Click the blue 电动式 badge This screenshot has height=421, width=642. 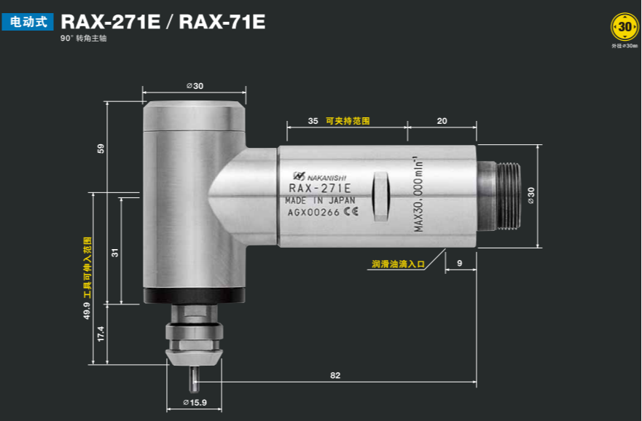pyautogui.click(x=28, y=23)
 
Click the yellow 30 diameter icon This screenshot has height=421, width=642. pyautogui.click(x=625, y=28)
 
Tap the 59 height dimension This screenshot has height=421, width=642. pyautogui.click(x=101, y=149)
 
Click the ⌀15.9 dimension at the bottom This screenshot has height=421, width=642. pyautogui.click(x=195, y=403)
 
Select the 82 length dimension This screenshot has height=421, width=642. pyautogui.click(x=335, y=376)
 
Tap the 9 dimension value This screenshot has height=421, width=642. pyautogui.click(x=459, y=262)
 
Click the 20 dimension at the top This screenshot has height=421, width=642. pyautogui.click(x=442, y=121)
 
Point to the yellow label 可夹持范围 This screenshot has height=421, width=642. pyautogui.click(x=348, y=121)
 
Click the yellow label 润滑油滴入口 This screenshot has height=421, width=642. pyautogui.click(x=398, y=264)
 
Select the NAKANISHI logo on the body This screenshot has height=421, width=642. pyautogui.click(x=320, y=176)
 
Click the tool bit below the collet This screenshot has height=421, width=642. pyautogui.click(x=194, y=378)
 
